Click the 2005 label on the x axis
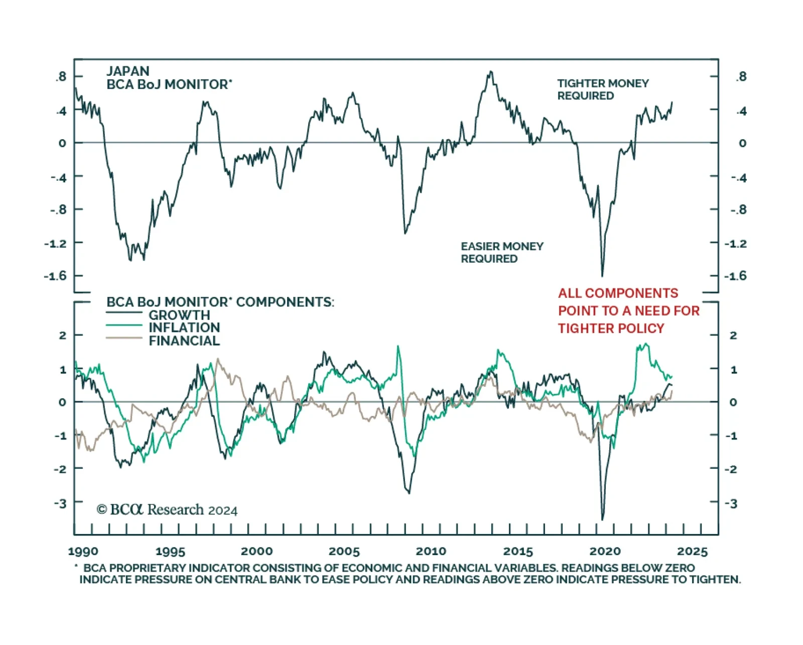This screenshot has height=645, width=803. pyautogui.click(x=344, y=552)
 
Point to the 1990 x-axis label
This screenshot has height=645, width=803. pyautogui.click(x=83, y=552)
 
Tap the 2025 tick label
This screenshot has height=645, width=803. pyautogui.click(x=692, y=552)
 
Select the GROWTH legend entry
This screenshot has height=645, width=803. pyautogui.click(x=179, y=315)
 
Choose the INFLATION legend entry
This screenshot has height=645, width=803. pyautogui.click(x=184, y=328)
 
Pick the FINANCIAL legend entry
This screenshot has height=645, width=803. pyautogui.click(x=184, y=341)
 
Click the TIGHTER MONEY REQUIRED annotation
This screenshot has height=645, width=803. pyautogui.click(x=603, y=89)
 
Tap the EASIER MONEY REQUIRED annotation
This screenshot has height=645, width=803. pyautogui.click(x=502, y=253)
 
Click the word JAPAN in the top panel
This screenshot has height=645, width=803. pyautogui.click(x=128, y=71)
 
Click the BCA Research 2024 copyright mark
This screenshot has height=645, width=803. pyautogui.click(x=167, y=510)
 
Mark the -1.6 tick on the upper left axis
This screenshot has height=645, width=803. pyautogui.click(x=55, y=276)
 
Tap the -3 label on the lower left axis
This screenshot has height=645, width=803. pyautogui.click(x=60, y=503)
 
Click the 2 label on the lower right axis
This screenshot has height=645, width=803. pyautogui.click(x=733, y=335)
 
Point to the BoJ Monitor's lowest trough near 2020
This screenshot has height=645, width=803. pyautogui.click(x=602, y=275)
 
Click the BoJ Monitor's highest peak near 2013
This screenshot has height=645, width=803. pyautogui.click(x=490, y=72)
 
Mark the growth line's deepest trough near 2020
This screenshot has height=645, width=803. pyautogui.click(x=603, y=519)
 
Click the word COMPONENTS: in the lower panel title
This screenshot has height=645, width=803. pyautogui.click(x=285, y=302)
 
